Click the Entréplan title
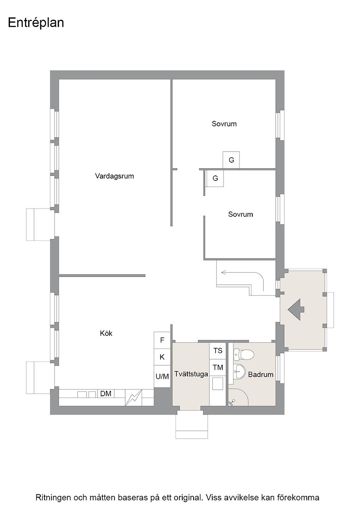click(x=36, y=23)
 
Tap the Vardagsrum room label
click(x=114, y=176)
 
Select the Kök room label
click(x=106, y=333)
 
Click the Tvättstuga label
click(x=191, y=374)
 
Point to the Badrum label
click(x=260, y=374)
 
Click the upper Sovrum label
click(x=224, y=124)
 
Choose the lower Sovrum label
click(x=240, y=214)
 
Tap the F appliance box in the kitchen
click(x=162, y=340)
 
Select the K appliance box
click(x=162, y=357)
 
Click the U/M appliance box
click(x=162, y=376)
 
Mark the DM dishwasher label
click(x=106, y=394)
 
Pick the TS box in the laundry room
click(x=218, y=350)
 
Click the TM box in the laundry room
click(x=218, y=368)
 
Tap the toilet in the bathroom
click(x=243, y=354)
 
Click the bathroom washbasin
click(x=240, y=371)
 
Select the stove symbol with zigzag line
click(x=134, y=397)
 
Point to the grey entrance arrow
click(x=296, y=309)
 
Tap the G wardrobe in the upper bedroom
click(x=231, y=160)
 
